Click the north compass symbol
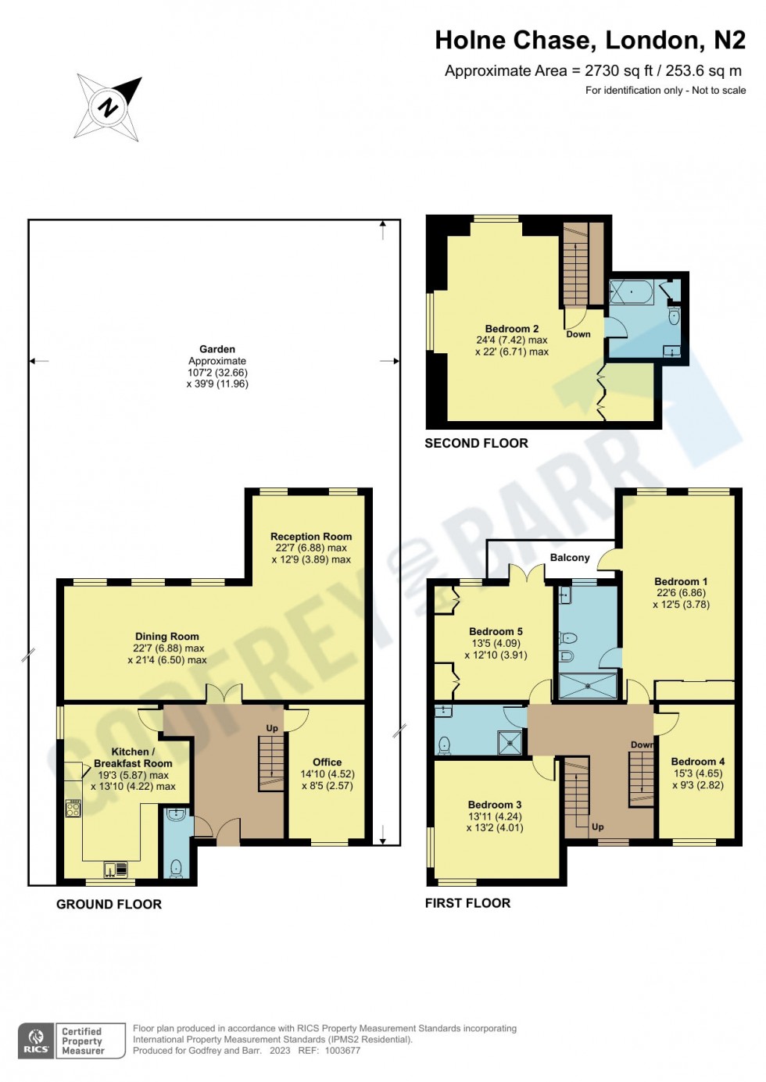[x=108, y=107]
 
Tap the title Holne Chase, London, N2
[x=589, y=40]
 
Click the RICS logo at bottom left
[x=36, y=1041]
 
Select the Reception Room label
[x=311, y=537]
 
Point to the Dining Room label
[x=166, y=637]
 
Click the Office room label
[x=327, y=762]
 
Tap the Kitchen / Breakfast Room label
[x=133, y=758]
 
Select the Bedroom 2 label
[x=512, y=329]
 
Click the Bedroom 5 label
[x=496, y=631]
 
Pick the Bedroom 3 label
[x=495, y=805]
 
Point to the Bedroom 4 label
[x=698, y=762]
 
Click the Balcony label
[x=570, y=558]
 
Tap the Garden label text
[x=217, y=349]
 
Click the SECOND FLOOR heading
[x=476, y=443]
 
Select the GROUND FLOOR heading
[x=109, y=904]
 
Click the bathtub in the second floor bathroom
[x=632, y=292]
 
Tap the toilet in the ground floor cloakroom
[x=176, y=867]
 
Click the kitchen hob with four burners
[x=73, y=809]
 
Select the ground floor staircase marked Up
[x=271, y=763]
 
